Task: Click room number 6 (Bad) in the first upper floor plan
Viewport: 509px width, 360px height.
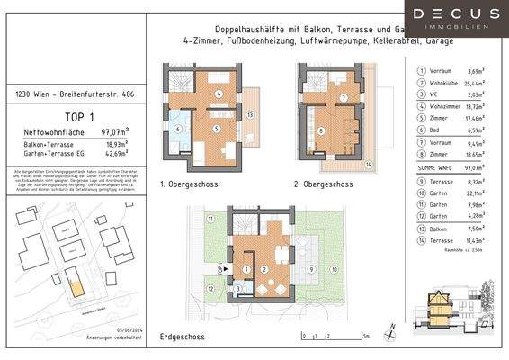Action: coord(177,128)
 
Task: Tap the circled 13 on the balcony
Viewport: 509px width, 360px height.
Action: coord(251,115)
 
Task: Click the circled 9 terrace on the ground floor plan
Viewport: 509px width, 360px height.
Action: coord(311,268)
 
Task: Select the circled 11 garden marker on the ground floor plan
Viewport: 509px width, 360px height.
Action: coord(210,220)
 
